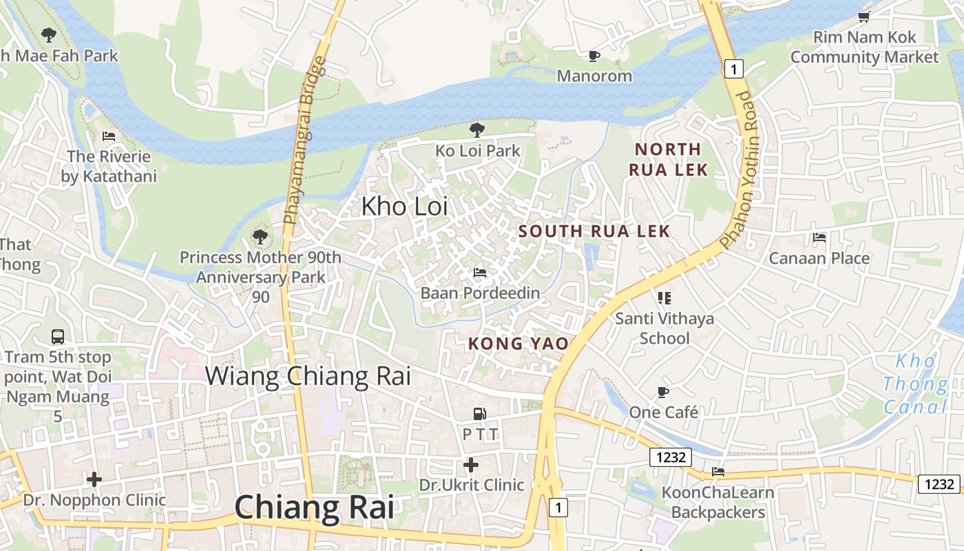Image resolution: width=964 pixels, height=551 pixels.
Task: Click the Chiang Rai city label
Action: click(x=314, y=508)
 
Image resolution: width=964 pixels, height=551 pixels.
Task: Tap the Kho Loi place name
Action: click(x=404, y=206)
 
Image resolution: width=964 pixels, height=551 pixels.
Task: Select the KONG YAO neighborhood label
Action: click(x=518, y=343)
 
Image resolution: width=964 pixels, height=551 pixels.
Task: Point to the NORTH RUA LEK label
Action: click(x=668, y=159)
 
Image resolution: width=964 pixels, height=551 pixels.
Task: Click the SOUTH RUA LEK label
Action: click(x=594, y=231)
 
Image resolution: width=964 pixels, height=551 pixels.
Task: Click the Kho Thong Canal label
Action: click(x=915, y=384)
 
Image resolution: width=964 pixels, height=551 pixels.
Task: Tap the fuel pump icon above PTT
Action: click(x=480, y=414)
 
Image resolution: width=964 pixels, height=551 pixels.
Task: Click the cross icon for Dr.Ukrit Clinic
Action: click(x=471, y=465)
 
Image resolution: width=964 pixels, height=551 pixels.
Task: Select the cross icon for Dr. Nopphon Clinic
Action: click(x=94, y=479)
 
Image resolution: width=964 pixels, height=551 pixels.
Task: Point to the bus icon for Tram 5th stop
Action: click(x=58, y=337)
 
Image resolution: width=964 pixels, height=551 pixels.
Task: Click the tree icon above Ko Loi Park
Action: click(x=476, y=129)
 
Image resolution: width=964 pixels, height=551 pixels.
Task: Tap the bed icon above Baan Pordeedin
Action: click(x=480, y=273)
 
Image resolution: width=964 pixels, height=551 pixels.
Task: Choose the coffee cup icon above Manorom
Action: click(x=594, y=56)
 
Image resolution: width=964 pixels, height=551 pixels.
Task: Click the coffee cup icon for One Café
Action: click(x=663, y=392)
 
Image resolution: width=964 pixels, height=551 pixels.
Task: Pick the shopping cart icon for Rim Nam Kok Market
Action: click(x=863, y=17)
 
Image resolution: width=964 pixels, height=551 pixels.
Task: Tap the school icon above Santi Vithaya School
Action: click(x=664, y=298)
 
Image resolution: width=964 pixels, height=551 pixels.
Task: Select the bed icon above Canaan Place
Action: click(x=819, y=238)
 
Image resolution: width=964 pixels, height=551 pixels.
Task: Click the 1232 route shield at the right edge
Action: click(x=939, y=484)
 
